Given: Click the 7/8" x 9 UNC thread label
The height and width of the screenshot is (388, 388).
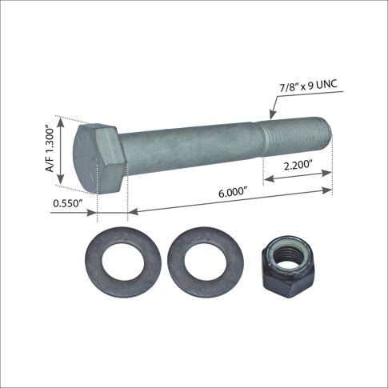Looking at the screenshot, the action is tap(308, 86).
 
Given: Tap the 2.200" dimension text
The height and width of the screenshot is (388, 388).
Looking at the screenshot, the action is tap(298, 166).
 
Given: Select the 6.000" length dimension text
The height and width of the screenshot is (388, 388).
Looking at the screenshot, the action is tap(233, 192).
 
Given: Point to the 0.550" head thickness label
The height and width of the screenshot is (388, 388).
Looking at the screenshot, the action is tap(68, 203).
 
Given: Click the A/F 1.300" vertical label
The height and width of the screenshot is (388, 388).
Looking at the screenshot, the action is tap(50, 150).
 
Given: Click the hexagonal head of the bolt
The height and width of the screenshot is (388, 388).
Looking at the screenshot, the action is tap(99, 158).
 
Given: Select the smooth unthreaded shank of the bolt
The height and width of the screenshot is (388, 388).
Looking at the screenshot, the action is tap(190, 149).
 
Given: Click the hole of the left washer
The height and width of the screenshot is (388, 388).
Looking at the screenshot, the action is tap(123, 262).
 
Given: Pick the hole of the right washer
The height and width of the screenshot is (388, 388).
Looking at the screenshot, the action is tap(206, 262).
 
